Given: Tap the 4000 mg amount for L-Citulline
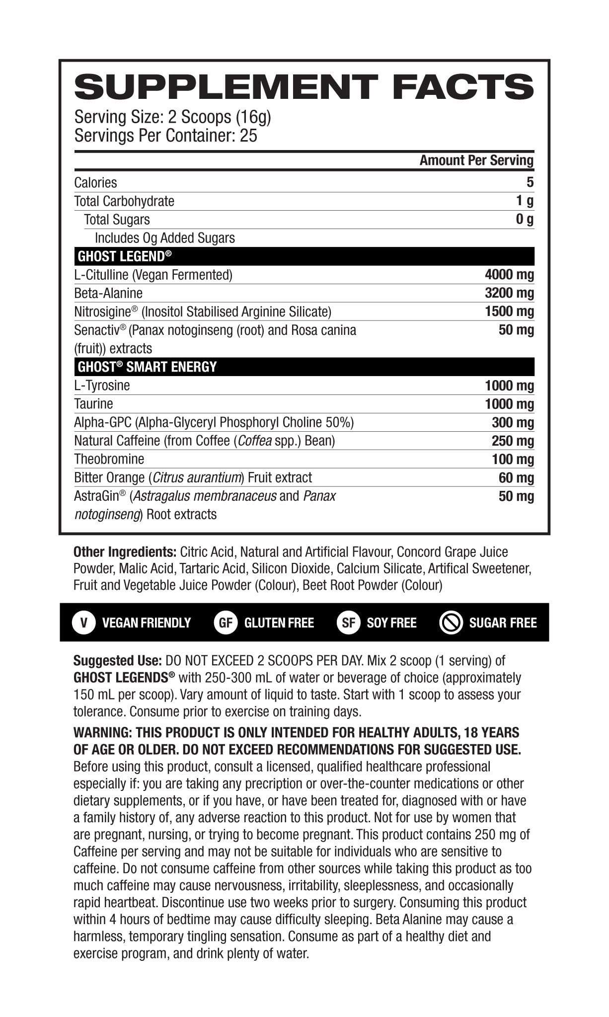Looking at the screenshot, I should click(509, 275).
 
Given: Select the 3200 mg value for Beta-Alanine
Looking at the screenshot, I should click(509, 293).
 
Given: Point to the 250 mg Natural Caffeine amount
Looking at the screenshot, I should click(513, 441).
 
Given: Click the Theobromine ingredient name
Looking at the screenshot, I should click(109, 459).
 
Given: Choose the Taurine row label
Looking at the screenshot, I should click(93, 403).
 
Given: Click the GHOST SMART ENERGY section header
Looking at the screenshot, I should click(147, 367).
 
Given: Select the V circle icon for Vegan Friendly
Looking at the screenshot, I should click(84, 623).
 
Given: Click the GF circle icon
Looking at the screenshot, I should click(226, 623).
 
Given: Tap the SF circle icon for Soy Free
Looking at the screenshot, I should click(348, 623).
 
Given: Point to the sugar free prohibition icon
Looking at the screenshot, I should click(452, 623).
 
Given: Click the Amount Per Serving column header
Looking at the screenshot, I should click(476, 160).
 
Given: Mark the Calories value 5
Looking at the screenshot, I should click(530, 182).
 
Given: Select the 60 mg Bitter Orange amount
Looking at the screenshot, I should click(516, 478).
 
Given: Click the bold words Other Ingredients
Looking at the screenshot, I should click(125, 552).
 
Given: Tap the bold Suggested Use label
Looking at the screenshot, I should click(117, 661).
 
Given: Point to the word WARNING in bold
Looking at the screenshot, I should click(101, 733).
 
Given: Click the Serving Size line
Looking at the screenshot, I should click(172, 117).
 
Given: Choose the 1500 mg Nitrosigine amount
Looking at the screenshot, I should click(509, 312).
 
